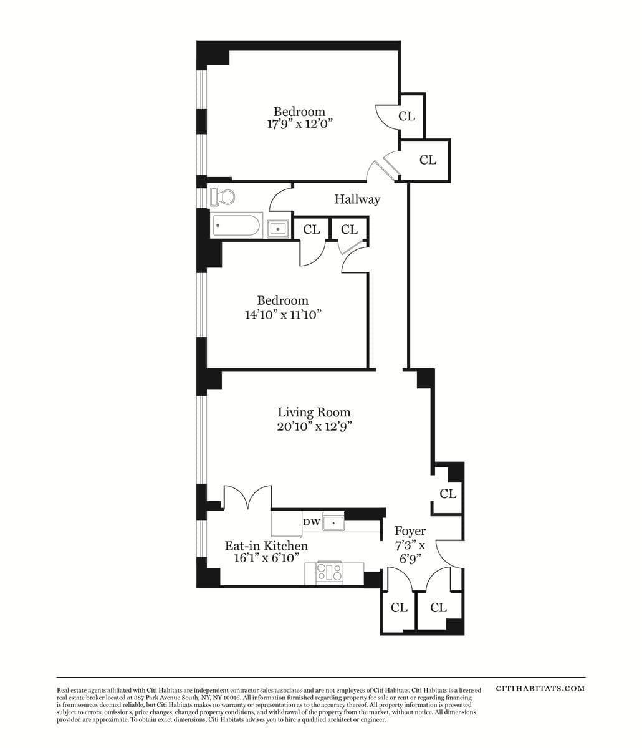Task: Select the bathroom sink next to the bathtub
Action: coord(278,229)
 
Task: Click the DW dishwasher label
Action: coord(312,522)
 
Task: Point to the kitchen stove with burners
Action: coord(330,572)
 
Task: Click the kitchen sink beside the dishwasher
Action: coord(333,522)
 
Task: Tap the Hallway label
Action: coord(357,199)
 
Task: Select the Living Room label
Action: coord(314,412)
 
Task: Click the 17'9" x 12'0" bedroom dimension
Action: coord(300,123)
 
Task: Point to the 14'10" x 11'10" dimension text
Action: coord(282,315)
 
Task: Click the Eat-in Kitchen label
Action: coord(266,546)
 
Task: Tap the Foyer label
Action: coord(410,531)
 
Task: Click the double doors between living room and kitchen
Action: coord(247,498)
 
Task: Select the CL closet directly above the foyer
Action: coord(448,494)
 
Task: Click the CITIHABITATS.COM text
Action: coord(540,688)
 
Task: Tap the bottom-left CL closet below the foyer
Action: coord(399,607)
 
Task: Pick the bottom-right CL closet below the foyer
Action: coord(438,607)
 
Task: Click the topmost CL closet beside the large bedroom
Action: coord(406,116)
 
